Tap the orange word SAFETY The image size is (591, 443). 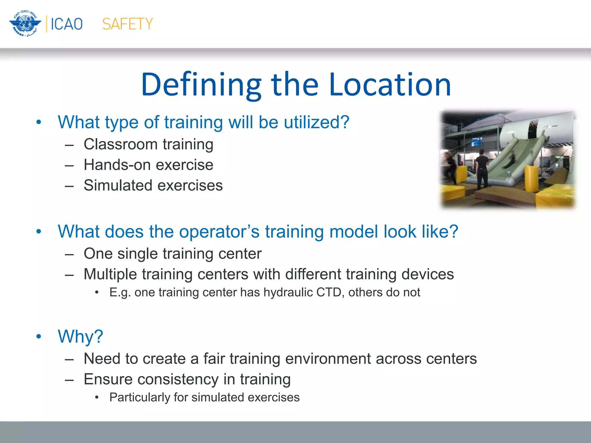tap(128, 24)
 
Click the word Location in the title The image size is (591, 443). tap(390, 85)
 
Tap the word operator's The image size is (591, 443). tap(219, 232)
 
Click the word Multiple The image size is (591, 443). tap(110, 274)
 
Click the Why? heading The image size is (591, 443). tap(80, 337)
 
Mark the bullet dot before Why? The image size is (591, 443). tap(39, 337)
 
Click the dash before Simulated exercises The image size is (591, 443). tap(69, 186)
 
